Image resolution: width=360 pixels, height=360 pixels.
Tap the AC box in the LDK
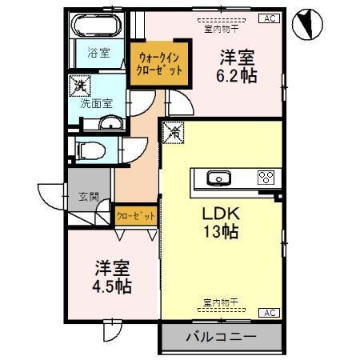pos(269,312)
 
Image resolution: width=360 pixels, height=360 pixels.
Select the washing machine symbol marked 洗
pos(81,83)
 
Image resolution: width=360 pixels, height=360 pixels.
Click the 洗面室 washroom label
pos(96,103)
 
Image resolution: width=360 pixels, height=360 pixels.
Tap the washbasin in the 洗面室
pos(110,123)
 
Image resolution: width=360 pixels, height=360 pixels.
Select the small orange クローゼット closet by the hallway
pos(135,216)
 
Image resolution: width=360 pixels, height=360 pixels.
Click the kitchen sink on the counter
pos(217,178)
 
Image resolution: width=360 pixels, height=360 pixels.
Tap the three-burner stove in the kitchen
pos(265,178)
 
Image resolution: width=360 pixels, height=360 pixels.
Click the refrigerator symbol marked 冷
pos(174,131)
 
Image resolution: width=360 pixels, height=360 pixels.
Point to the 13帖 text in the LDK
pos(222,232)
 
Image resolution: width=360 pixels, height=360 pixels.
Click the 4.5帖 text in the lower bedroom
pos(114,285)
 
